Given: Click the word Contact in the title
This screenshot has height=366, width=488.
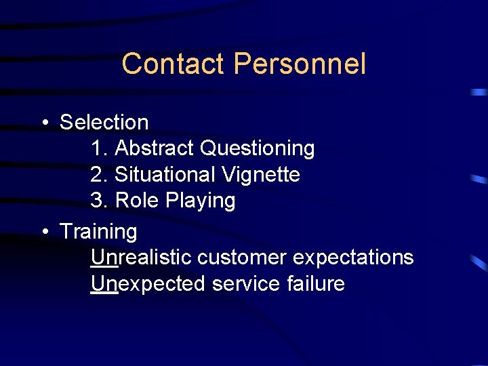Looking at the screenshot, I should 173,64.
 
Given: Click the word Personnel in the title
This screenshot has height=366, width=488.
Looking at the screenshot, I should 299,64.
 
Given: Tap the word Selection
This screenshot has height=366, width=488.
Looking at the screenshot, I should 104,123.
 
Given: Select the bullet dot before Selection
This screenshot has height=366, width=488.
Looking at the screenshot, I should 44,123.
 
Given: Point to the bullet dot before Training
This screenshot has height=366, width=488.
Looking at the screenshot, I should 44,232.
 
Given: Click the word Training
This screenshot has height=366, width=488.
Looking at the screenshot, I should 98,232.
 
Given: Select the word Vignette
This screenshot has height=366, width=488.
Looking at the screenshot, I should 261,175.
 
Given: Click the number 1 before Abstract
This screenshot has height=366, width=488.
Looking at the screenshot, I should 96,148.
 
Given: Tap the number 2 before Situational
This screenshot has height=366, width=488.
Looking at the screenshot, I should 97,175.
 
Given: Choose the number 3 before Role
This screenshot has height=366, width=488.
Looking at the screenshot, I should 97,201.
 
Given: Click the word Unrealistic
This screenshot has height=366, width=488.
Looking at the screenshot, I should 141,258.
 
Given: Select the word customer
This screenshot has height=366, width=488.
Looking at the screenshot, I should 242,258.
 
